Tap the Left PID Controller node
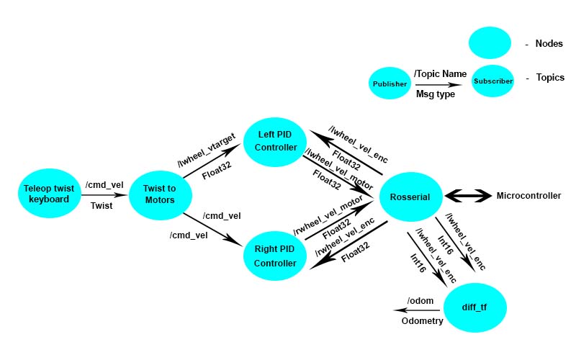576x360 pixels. tap(276, 141)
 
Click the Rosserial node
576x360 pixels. tap(410, 197)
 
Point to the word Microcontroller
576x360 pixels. tap(528, 196)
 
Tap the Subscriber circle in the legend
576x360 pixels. tap(493, 81)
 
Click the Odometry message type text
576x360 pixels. tap(421, 321)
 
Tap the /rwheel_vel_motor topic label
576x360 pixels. tap(328, 217)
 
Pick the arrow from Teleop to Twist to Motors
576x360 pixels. tap(104, 194)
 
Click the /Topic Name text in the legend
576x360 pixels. tap(440, 73)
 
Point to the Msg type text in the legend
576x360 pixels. tap(436, 94)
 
